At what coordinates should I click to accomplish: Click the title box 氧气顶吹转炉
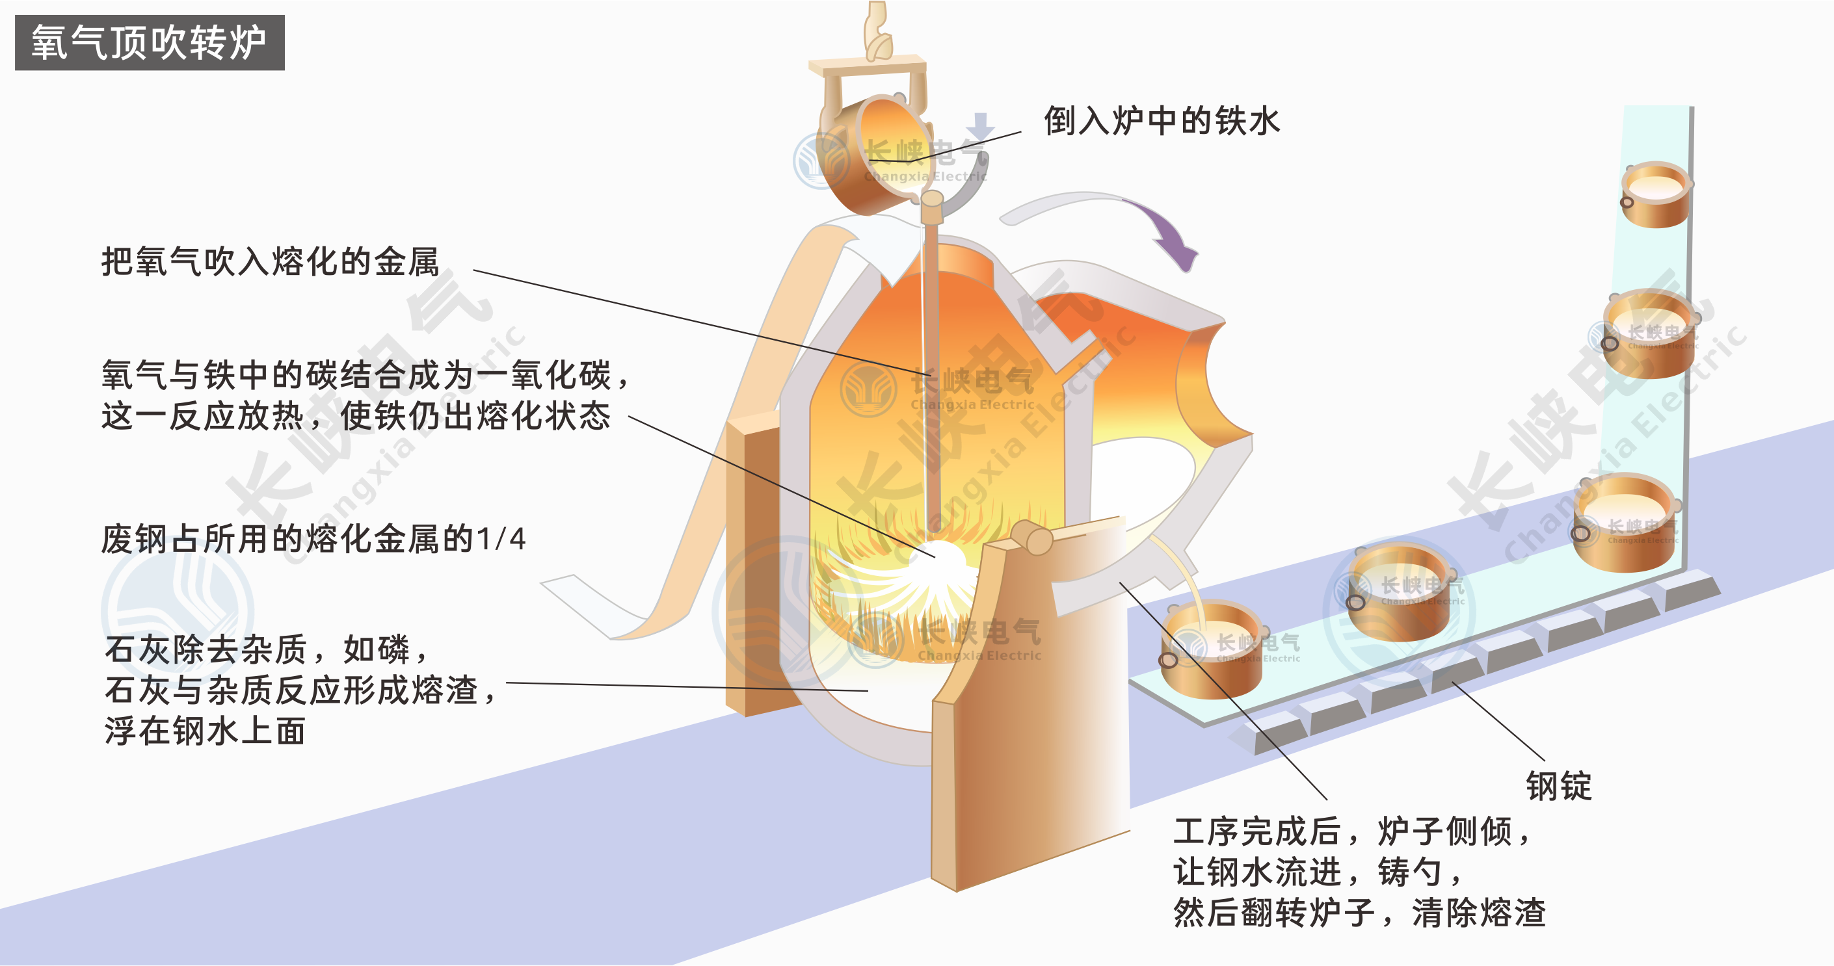coord(150,43)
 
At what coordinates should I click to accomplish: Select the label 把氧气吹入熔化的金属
coord(270,262)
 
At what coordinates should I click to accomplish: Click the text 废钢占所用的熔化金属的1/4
coord(313,539)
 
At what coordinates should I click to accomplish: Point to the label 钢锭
coord(1558,787)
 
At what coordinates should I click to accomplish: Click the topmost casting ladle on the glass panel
coord(1655,194)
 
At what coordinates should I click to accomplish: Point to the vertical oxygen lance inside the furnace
coord(931,356)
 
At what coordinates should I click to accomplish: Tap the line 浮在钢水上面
coord(205,731)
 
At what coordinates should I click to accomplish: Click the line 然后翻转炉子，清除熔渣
coord(1359,913)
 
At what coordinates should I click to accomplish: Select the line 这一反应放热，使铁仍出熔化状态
coord(356,417)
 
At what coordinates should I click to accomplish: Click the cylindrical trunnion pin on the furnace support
coord(1032,537)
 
